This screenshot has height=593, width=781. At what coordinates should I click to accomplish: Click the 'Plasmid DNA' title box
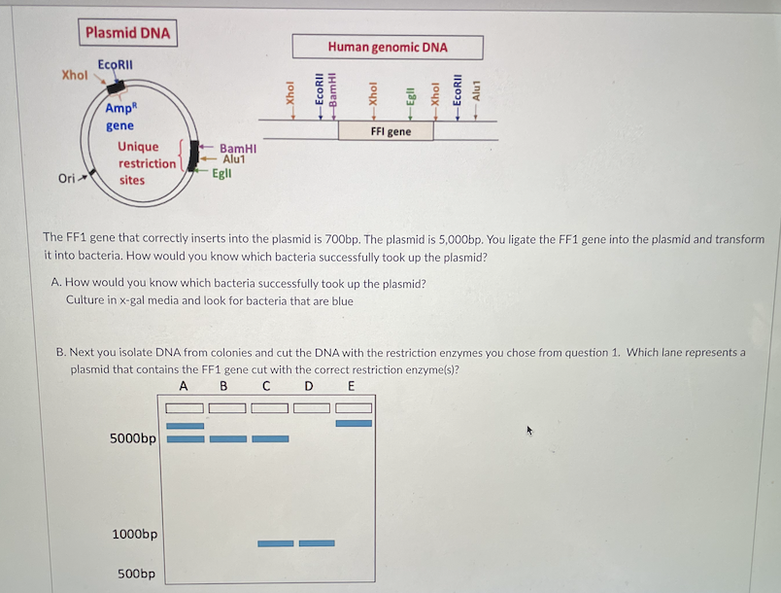coord(127,33)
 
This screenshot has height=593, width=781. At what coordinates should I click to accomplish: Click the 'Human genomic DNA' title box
coord(388,47)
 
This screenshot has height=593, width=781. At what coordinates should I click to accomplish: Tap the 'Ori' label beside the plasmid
coord(67,179)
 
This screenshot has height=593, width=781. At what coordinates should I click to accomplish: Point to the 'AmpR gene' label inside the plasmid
coord(120,117)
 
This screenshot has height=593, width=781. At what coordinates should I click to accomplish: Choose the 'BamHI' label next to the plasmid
coord(237,148)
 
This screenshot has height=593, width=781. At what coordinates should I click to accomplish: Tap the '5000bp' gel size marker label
coord(133,438)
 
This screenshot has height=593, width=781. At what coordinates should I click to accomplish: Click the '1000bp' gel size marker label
coord(135,535)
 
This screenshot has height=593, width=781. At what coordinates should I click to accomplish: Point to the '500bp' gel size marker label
coord(136,574)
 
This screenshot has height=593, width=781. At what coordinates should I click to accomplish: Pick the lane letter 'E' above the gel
coord(351,387)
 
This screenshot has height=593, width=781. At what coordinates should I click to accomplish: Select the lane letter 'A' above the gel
coord(183,387)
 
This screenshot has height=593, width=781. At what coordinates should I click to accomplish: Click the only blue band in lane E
coord(354,423)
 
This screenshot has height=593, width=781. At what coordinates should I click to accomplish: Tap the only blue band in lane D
coord(317,542)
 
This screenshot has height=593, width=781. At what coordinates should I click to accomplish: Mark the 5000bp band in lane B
coord(228,438)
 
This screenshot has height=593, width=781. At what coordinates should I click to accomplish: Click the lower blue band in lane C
coord(275,542)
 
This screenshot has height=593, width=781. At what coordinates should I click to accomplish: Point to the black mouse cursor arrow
coord(530,429)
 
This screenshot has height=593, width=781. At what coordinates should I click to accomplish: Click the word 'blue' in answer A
coord(342,301)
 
